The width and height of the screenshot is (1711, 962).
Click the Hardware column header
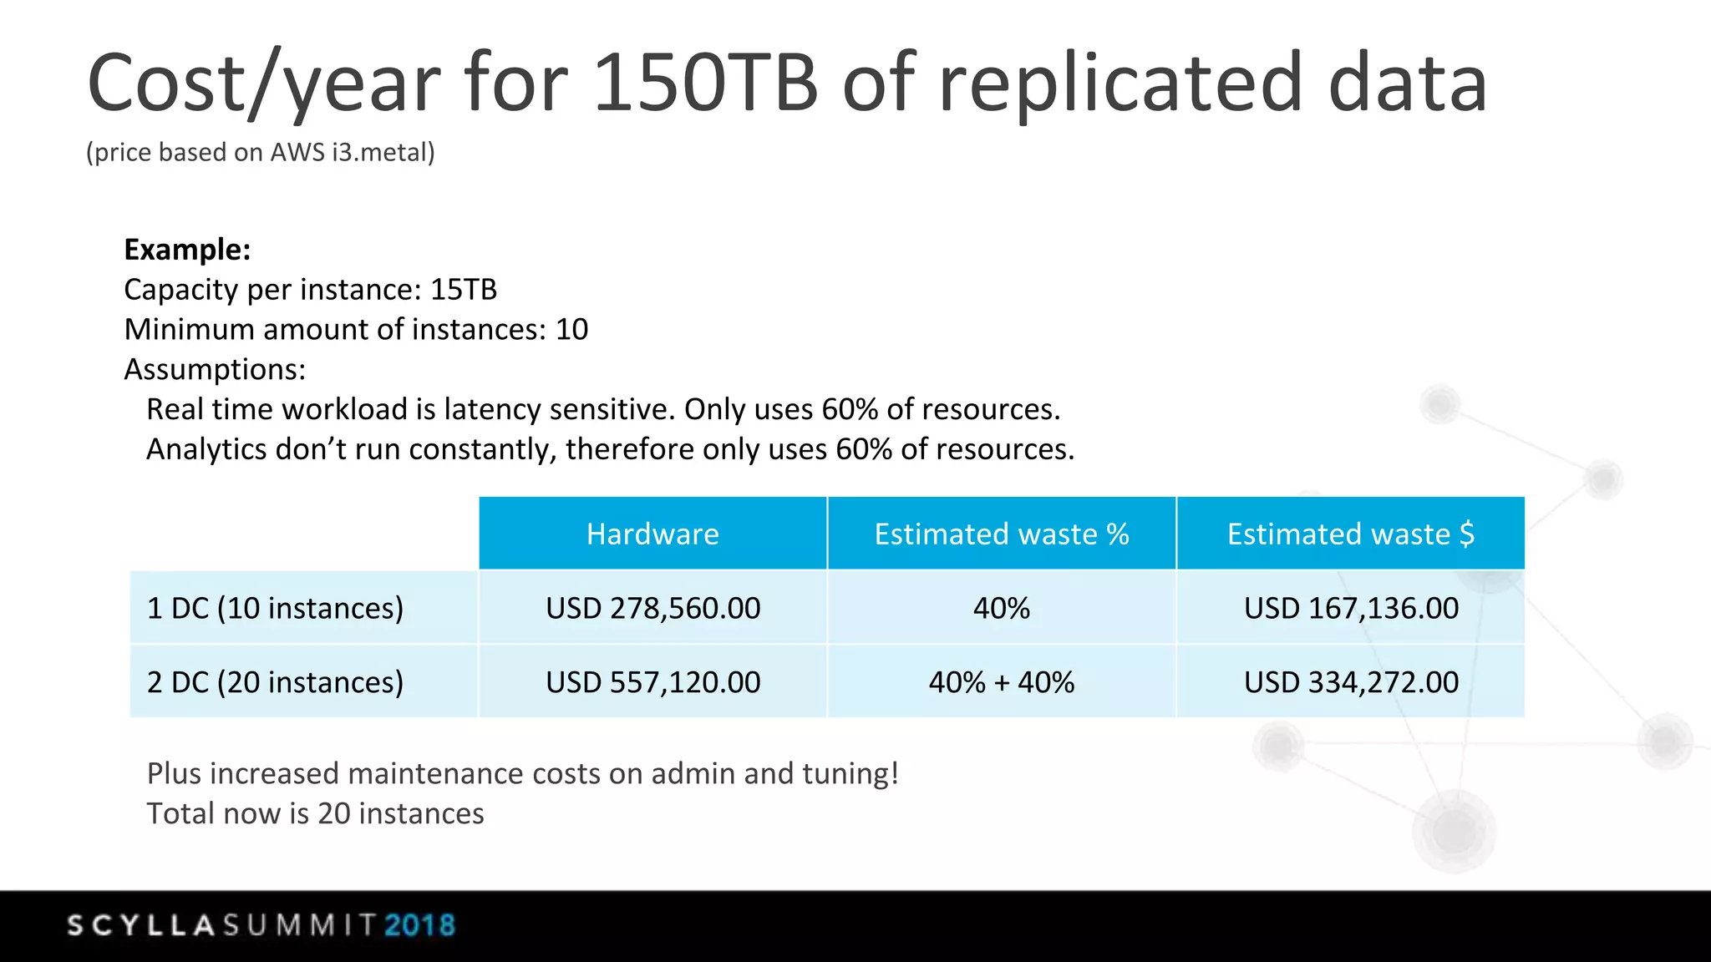(x=652, y=534)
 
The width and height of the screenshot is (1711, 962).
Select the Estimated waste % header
(x=1001, y=534)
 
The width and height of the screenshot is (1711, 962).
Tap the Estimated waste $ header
(x=1350, y=534)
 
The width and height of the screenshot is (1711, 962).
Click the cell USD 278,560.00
(x=652, y=608)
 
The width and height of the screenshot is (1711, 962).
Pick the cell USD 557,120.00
(x=652, y=682)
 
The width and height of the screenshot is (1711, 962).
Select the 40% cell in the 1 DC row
(x=1001, y=608)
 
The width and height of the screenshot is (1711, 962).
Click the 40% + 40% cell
(x=1001, y=682)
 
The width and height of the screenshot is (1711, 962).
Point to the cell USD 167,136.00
(x=1350, y=608)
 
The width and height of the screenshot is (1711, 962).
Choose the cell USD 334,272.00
(x=1350, y=682)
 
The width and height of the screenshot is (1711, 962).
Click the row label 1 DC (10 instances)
(x=275, y=608)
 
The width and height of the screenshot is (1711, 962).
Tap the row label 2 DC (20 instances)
(x=275, y=682)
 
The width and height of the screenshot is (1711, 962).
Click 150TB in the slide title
(x=705, y=83)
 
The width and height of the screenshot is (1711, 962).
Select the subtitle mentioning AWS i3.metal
(x=261, y=153)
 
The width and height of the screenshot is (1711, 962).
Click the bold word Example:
(x=187, y=250)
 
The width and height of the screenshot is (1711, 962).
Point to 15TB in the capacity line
(x=464, y=290)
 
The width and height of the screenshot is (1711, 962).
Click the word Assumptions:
(x=215, y=369)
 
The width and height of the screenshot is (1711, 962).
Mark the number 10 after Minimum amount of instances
(x=571, y=330)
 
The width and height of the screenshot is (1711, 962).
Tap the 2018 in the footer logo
(x=419, y=925)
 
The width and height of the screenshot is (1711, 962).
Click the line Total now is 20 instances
(x=315, y=813)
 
